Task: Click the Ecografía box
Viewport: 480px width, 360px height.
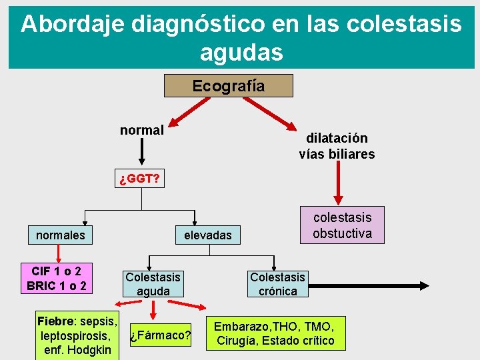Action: click(228, 86)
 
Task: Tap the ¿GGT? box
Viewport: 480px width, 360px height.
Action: click(139, 179)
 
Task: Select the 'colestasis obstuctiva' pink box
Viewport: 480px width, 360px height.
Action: click(342, 225)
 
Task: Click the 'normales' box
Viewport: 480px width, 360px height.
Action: click(60, 235)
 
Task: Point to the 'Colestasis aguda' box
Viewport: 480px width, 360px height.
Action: click(153, 284)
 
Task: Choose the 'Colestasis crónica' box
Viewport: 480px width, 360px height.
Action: click(277, 284)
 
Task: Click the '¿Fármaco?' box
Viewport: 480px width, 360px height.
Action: click(160, 335)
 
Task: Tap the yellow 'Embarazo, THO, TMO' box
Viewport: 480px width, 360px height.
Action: click(275, 333)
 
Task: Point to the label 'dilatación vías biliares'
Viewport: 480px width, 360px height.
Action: click(337, 146)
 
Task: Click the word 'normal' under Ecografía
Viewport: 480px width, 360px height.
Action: click(141, 130)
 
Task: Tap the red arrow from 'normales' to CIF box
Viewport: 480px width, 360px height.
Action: click(59, 253)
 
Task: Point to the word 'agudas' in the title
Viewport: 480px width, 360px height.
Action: click(240, 51)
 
